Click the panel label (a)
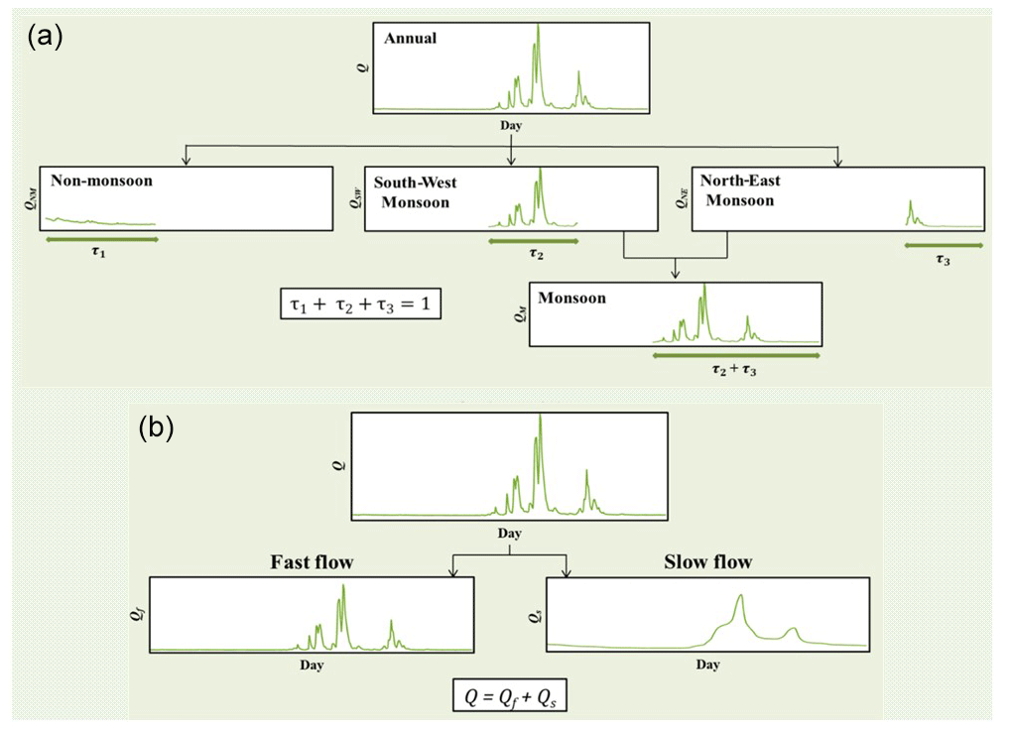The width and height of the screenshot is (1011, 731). [x=45, y=36]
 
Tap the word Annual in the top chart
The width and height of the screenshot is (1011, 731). [x=410, y=38]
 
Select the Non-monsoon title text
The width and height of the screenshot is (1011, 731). [x=102, y=181]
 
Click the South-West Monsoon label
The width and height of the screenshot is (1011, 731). [x=416, y=192]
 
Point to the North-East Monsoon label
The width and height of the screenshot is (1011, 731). [x=740, y=190]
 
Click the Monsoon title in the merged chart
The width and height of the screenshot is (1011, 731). [x=571, y=298]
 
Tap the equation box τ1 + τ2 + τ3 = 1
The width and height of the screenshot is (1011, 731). [x=360, y=304]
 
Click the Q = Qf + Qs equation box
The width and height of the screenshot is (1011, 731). [x=509, y=695]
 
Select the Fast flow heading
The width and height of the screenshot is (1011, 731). [x=313, y=562]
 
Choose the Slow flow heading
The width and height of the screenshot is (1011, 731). [x=708, y=562]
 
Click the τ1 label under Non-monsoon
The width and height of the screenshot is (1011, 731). [x=98, y=252]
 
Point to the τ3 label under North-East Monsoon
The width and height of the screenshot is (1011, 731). [x=943, y=260]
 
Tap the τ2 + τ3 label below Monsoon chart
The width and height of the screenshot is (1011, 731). [x=734, y=369]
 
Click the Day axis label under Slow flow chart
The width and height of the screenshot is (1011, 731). [x=707, y=665]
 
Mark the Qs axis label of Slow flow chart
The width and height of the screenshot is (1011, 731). [x=535, y=617]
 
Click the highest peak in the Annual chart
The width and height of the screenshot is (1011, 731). [x=538, y=25]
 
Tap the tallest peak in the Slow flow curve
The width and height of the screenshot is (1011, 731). [x=741, y=595]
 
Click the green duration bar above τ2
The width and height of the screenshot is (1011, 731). [x=533, y=241]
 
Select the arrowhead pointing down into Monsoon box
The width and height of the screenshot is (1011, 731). [x=675, y=275]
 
